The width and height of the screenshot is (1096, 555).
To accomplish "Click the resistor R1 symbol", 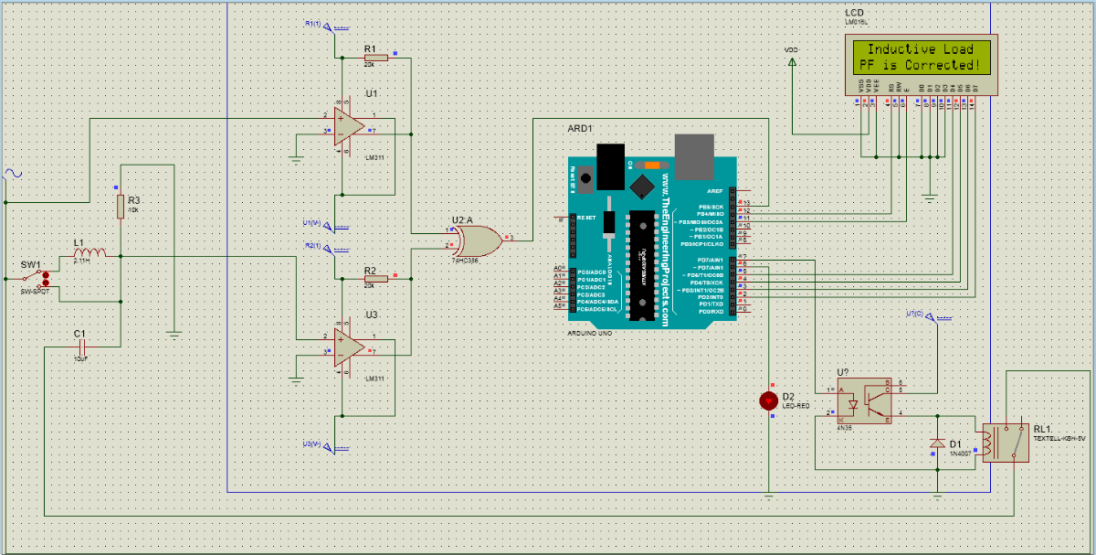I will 375,57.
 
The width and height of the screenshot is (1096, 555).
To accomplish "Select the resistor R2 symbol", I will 375,279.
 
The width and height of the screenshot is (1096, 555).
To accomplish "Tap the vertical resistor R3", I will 120,207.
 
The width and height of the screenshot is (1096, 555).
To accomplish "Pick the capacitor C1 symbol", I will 83,347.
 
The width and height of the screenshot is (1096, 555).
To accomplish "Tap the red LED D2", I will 768,400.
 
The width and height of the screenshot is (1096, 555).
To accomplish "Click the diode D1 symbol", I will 936,443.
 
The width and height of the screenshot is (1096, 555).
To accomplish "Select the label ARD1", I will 580,129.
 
